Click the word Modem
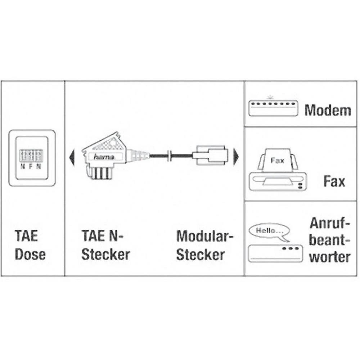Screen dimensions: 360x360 (x=328, y=111)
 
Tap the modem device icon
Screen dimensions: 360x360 (x=273, y=108)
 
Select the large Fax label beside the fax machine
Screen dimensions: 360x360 (x=334, y=181)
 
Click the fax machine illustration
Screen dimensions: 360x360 (x=278, y=170)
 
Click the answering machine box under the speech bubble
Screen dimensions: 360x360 (x=275, y=253)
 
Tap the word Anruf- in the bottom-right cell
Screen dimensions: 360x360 (x=329, y=223)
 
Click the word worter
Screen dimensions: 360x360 (x=330, y=257)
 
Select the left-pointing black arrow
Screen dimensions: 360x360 (x=72, y=157)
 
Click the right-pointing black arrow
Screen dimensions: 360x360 (x=236, y=157)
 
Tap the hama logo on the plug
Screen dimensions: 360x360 (x=104, y=157)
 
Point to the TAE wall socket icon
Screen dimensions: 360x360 (x=32, y=158)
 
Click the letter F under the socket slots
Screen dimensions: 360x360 (x=30, y=166)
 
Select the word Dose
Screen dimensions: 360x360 (x=30, y=255)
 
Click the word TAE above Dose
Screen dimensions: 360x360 (x=26, y=235)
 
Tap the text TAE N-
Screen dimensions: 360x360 (x=102, y=235)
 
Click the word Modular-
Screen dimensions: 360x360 (x=204, y=236)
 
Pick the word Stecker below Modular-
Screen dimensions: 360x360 (x=200, y=255)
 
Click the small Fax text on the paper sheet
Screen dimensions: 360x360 (x=277, y=161)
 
